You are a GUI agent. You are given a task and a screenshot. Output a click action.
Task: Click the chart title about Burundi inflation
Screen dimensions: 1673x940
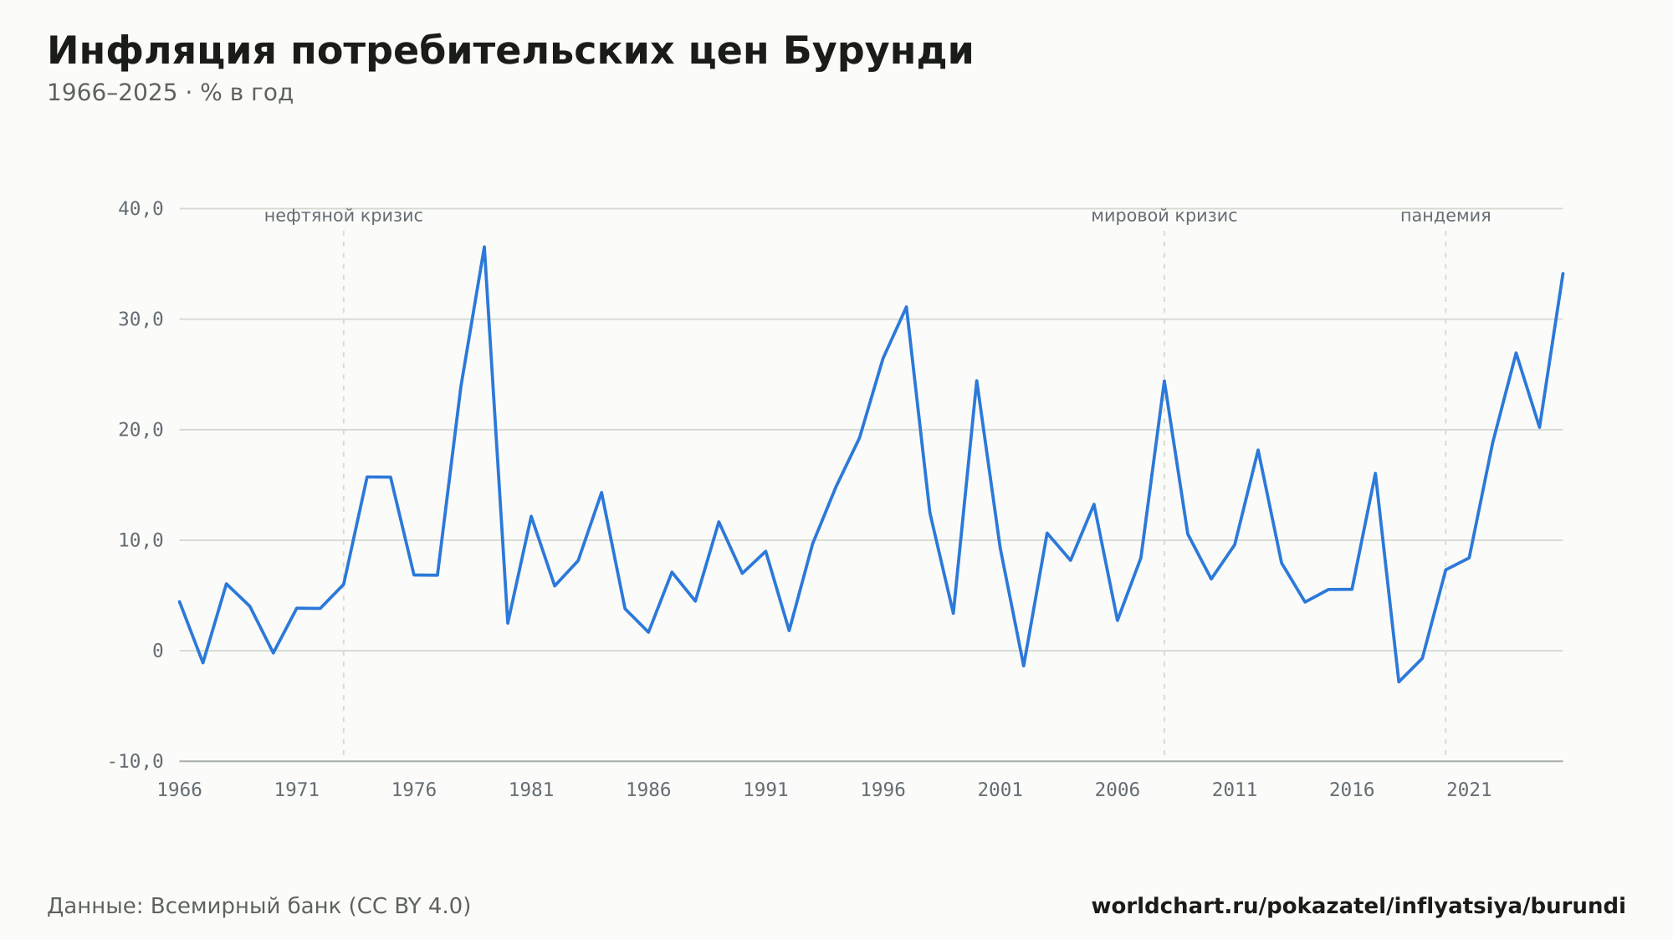tap(510, 52)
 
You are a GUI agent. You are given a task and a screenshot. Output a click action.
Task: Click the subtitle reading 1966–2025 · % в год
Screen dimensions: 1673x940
tap(170, 93)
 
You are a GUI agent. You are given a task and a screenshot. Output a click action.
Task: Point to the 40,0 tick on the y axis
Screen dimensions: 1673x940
tap(141, 209)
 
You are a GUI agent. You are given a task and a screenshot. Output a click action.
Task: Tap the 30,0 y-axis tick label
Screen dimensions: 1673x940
tap(141, 319)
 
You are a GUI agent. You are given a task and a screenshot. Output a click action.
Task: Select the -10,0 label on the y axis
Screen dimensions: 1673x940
tap(136, 761)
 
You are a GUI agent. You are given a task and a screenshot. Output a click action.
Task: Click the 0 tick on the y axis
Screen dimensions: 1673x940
tap(158, 651)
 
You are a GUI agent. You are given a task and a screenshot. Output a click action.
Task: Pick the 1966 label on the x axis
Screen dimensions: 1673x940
tap(180, 790)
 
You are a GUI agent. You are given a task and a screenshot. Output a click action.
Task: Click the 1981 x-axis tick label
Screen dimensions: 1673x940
tap(531, 790)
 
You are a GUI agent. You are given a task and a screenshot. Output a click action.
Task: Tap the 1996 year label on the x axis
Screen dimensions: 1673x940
tap(883, 790)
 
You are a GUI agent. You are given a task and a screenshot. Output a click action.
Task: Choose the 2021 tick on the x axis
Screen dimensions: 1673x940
tap(1469, 790)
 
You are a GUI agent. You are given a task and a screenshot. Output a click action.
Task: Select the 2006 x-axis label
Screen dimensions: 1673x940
tap(1117, 790)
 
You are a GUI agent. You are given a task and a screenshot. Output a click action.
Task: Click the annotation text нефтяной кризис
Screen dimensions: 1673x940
tap(344, 216)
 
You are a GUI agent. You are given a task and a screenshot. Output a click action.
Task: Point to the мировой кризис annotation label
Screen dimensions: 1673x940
tap(1164, 216)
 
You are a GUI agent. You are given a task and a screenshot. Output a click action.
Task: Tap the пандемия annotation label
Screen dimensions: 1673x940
tap(1445, 216)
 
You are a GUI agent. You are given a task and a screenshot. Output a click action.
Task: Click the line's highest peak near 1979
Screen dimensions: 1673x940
tap(484, 247)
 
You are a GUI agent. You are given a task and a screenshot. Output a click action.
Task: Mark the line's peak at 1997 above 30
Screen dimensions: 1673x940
tap(906, 307)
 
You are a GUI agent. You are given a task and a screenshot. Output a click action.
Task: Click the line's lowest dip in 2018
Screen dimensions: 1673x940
tap(1399, 682)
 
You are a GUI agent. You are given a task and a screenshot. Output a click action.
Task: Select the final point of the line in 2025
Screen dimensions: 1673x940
tap(1563, 273)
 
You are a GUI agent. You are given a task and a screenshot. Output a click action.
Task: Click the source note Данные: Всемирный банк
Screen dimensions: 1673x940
tap(259, 907)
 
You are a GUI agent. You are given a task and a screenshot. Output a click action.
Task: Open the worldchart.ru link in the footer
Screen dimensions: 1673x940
tap(1358, 907)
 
